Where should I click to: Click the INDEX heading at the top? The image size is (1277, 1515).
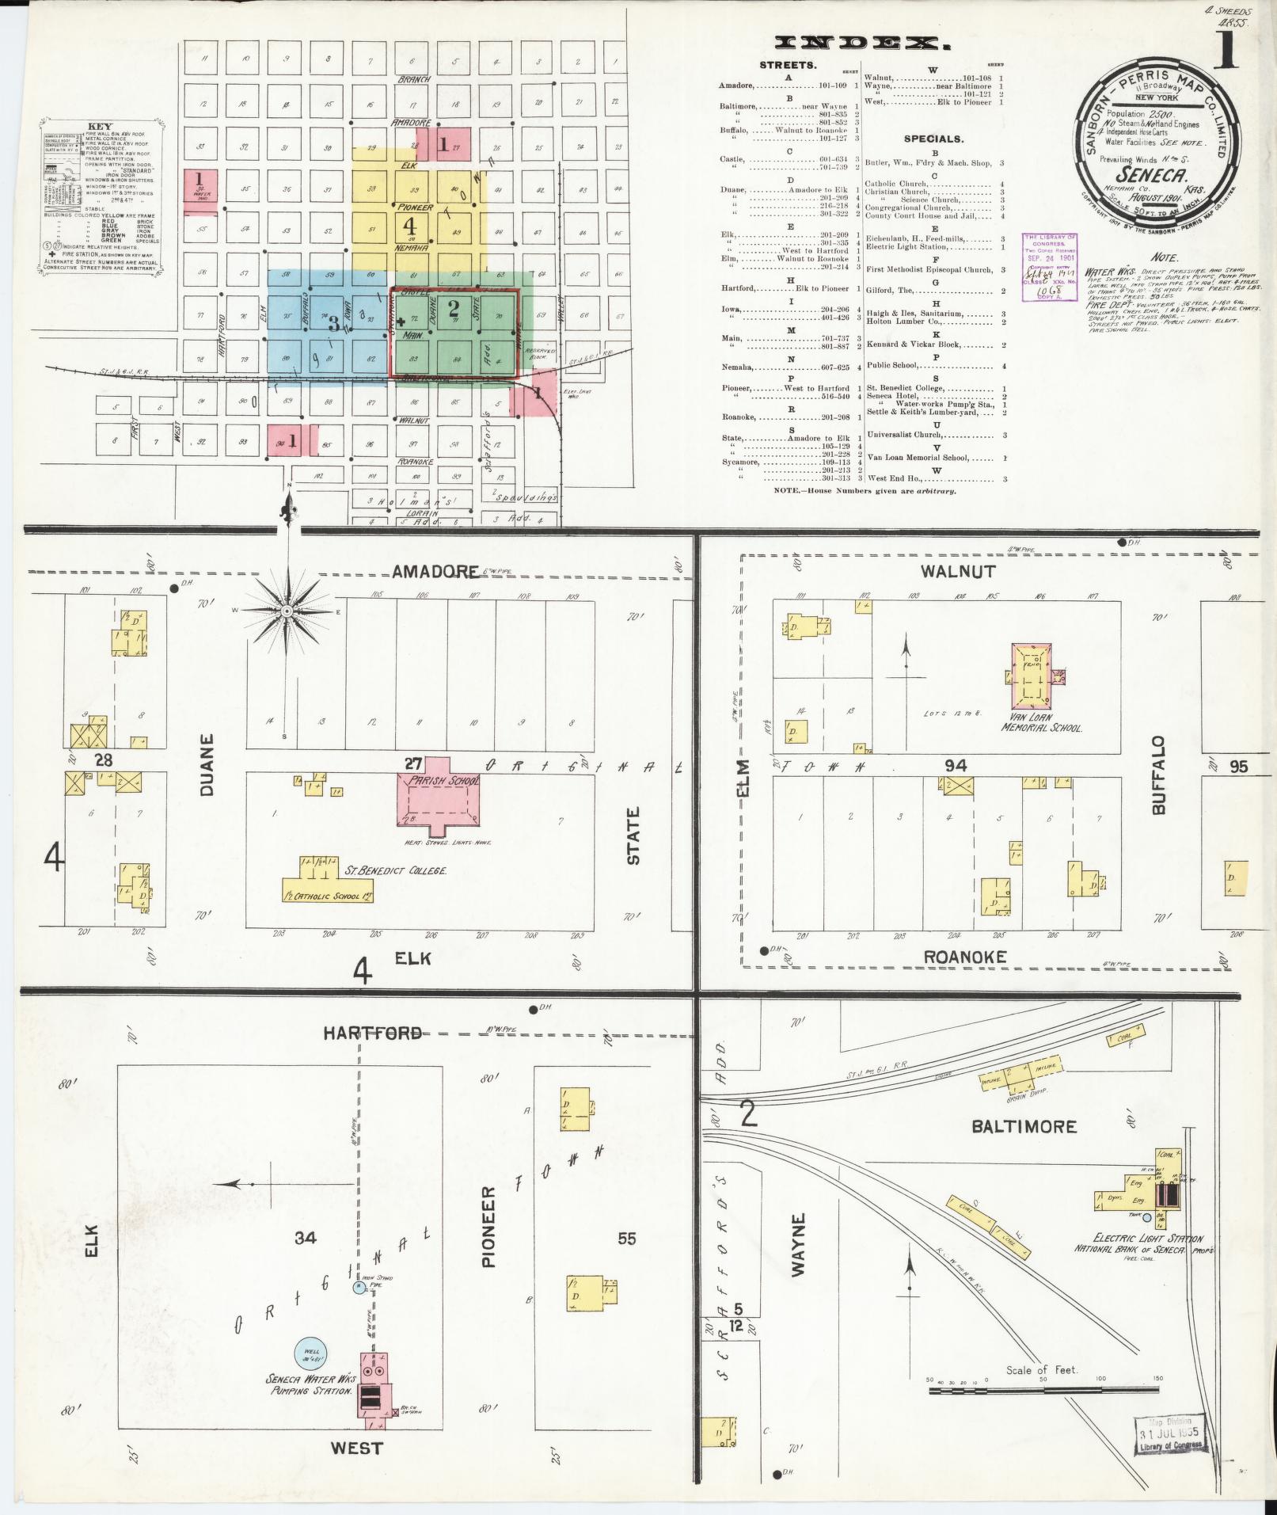point(857,44)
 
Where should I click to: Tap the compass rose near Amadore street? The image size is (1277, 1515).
point(287,611)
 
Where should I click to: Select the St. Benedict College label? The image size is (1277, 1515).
point(396,870)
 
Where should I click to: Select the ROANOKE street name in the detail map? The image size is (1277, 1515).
point(965,957)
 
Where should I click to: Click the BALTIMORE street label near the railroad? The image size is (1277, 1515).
point(1026,1126)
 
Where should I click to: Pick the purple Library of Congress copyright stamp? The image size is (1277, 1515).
point(1051,267)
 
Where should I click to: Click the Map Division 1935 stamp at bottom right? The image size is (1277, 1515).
point(1170,1434)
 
